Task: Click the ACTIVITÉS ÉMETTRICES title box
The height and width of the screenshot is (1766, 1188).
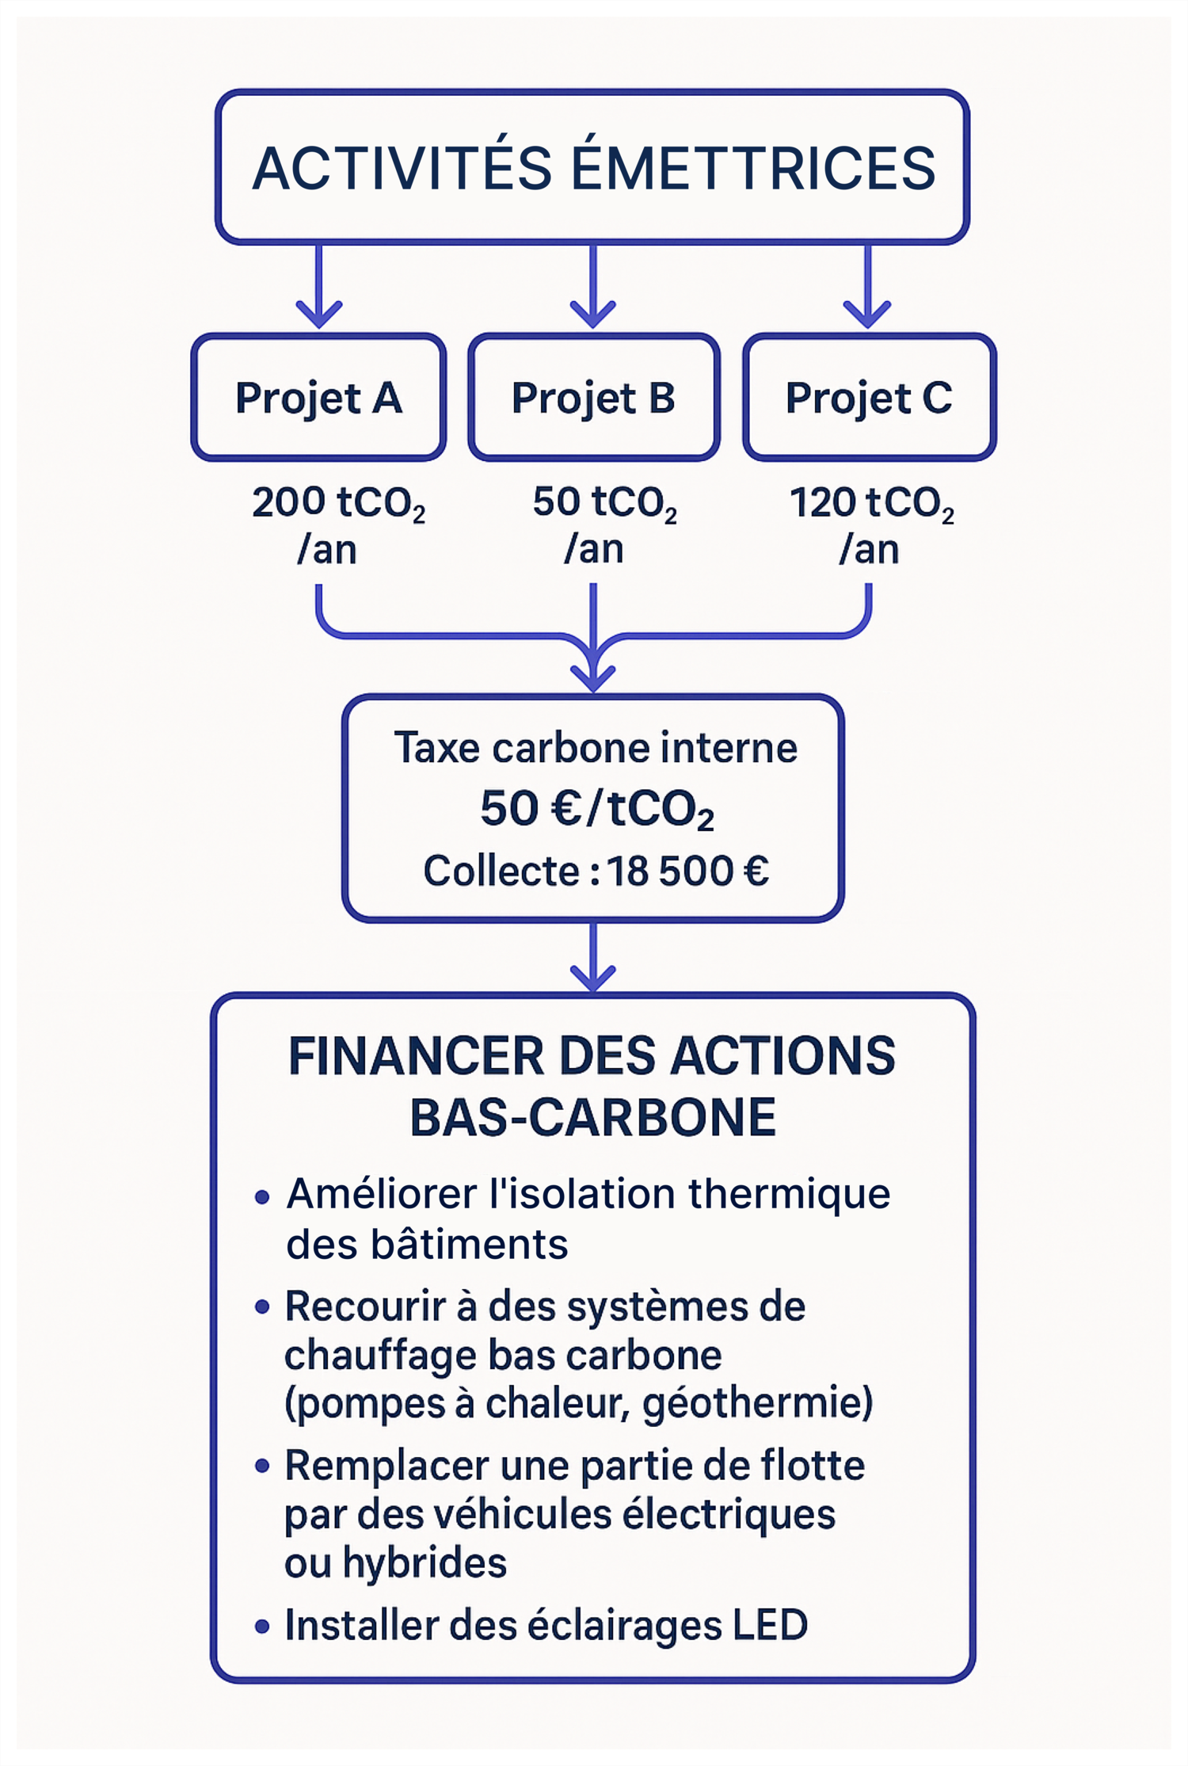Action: point(592,166)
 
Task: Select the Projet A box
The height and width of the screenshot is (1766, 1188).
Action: point(318,397)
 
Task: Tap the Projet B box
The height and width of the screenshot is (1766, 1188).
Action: point(593,397)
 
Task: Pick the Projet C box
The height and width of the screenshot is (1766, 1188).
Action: point(869,397)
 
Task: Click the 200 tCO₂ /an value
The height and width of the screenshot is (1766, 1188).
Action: point(337,524)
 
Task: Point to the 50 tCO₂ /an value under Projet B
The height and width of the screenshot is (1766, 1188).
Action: point(603,524)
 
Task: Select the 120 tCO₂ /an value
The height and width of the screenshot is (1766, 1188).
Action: point(870,524)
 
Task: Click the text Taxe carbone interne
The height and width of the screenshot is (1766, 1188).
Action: point(596,748)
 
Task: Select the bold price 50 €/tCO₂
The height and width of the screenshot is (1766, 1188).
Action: point(596,809)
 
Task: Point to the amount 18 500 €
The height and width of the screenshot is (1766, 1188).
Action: point(687,872)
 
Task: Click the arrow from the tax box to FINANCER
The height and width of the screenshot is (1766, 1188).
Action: point(593,957)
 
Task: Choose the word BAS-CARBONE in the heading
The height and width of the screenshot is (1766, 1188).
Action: point(592,1118)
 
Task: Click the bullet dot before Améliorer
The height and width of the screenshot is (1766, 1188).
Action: point(262,1197)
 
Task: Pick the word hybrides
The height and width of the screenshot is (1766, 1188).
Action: point(425,1562)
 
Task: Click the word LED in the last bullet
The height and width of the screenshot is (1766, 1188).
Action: point(770,1625)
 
